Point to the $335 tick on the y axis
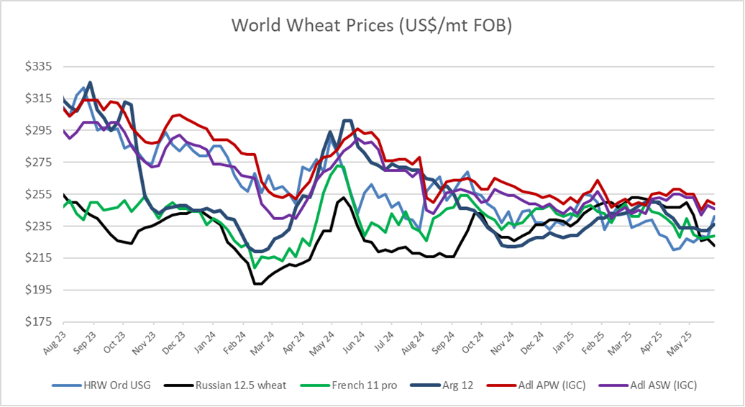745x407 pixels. tap(40, 67)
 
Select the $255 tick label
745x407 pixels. tap(40, 194)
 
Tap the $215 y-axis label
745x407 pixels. tap(40, 258)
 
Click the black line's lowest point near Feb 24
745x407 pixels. tap(257, 284)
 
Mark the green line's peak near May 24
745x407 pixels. tap(339, 166)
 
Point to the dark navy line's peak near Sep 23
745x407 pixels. tap(90, 82)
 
